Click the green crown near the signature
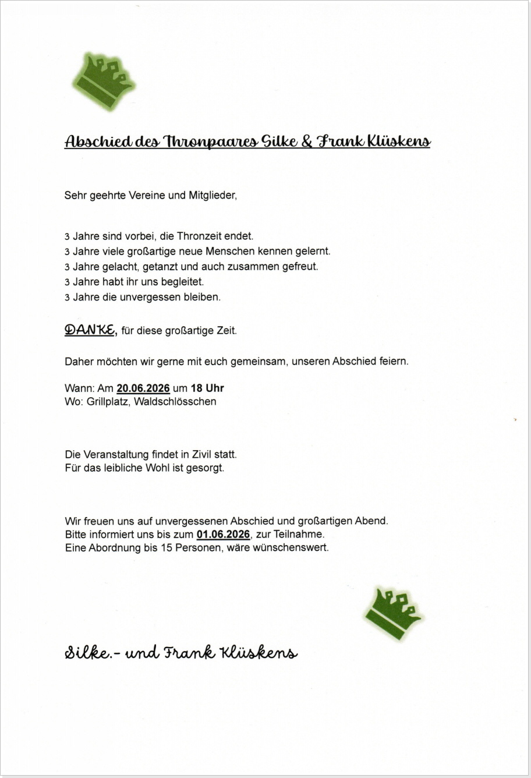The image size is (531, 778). [393, 614]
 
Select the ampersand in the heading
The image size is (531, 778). [307, 142]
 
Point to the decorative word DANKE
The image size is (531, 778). [90, 330]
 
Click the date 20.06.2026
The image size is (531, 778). [143, 388]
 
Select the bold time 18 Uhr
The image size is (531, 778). [207, 388]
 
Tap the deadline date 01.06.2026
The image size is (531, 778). [224, 535]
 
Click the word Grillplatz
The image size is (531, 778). [108, 402]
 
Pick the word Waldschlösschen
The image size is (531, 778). [175, 402]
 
